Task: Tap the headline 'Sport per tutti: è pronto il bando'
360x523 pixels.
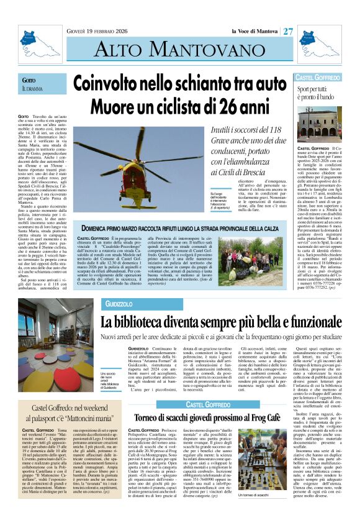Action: [317, 95]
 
